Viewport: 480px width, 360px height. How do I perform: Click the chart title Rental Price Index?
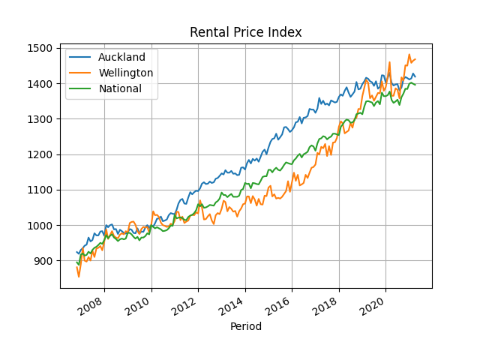[246, 32]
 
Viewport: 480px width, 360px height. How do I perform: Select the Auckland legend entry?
[121, 57]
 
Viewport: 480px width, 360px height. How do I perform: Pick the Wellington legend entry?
[126, 73]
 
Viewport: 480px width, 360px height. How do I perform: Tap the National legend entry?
[120, 88]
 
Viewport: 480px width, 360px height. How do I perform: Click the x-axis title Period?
[246, 326]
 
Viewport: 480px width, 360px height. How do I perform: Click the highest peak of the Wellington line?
[409, 54]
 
